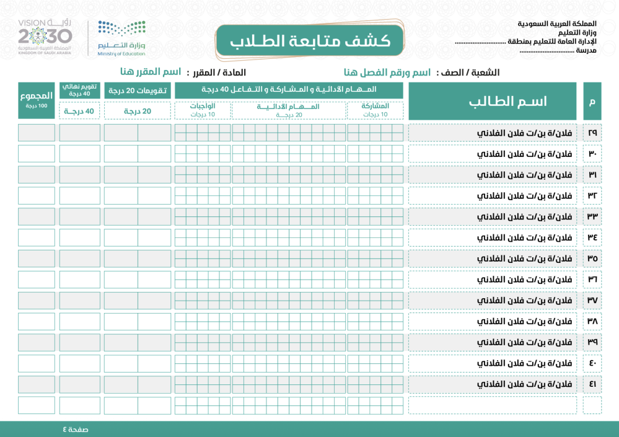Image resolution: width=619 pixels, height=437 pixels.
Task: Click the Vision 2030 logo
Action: click(45, 37)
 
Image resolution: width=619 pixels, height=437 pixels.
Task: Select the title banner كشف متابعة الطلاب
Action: click(310, 42)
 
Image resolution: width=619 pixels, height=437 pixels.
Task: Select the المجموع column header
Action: click(37, 99)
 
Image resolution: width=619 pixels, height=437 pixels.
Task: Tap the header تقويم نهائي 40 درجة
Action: click(79, 90)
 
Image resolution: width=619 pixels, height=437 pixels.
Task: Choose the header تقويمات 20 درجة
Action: click(137, 90)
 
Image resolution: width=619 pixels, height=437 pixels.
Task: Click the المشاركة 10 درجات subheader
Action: click(375, 110)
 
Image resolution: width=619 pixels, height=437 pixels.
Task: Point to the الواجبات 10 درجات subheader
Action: click(203, 110)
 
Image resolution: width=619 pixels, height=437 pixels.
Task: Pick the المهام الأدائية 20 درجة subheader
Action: click(289, 110)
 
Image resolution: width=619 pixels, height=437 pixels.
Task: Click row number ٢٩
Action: click(592, 133)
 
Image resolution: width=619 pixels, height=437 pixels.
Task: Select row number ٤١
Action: click(592, 384)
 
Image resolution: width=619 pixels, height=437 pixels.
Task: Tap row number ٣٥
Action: click(592, 258)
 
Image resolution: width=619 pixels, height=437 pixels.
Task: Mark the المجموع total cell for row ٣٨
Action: click(37, 321)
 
